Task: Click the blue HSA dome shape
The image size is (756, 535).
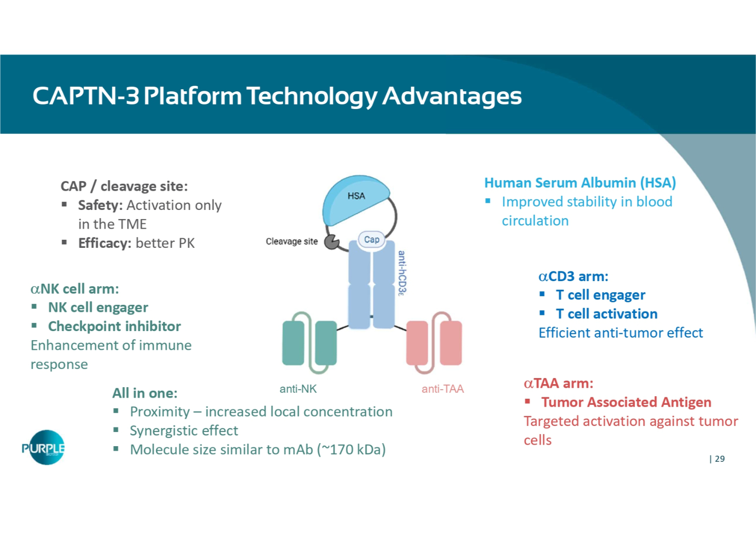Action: point(355,200)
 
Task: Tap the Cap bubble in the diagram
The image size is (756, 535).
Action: point(371,240)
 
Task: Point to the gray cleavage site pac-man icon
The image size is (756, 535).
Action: point(331,242)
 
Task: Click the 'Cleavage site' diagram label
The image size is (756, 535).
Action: point(292,242)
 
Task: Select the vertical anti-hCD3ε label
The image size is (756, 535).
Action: point(402,273)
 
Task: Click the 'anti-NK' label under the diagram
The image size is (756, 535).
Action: point(298,389)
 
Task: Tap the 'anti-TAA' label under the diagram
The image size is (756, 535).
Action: point(443,389)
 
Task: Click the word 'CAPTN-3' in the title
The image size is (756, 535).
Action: point(86,96)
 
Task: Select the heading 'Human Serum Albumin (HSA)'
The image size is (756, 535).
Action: point(580,183)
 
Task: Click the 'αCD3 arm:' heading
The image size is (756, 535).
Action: point(573,277)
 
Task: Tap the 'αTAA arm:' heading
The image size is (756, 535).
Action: point(558,384)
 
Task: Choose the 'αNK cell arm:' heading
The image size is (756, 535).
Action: point(75,289)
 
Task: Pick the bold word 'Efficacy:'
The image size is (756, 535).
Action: point(104,243)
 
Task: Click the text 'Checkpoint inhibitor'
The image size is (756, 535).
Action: point(114,327)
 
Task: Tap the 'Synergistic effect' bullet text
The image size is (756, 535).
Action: point(184,431)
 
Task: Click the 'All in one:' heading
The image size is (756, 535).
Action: point(145,393)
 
